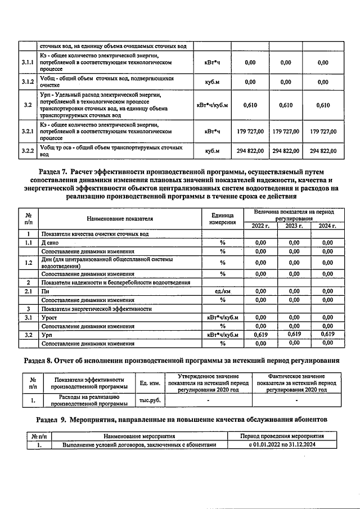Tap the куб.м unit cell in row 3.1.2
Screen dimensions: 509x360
(x=212, y=82)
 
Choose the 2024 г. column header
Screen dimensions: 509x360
(x=327, y=226)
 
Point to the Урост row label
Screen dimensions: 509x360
(x=50, y=317)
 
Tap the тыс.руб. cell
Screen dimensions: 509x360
(x=150, y=400)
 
